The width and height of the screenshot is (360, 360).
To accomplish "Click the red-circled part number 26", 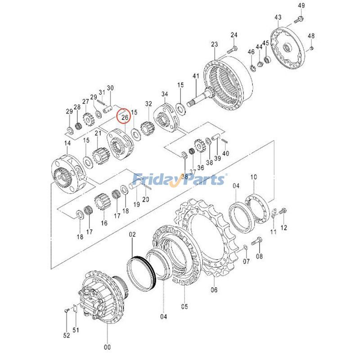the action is pyautogui.click(x=125, y=117).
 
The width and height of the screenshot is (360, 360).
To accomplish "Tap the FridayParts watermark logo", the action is pyautogui.click(x=179, y=180).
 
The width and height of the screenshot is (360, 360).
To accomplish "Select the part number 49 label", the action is pyautogui.click(x=301, y=5).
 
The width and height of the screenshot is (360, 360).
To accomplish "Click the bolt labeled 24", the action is pyautogui.click(x=232, y=49).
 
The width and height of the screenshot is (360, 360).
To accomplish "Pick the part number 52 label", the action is pyautogui.click(x=67, y=335).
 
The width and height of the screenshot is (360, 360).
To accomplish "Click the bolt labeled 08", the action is pyautogui.click(x=256, y=241).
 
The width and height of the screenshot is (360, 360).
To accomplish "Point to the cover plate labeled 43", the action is pyautogui.click(x=288, y=49).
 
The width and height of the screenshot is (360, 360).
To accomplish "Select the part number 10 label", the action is pyautogui.click(x=253, y=177).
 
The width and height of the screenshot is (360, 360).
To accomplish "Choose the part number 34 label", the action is pyautogui.click(x=165, y=94).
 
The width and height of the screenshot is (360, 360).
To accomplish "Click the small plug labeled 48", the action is pyautogui.click(x=311, y=48).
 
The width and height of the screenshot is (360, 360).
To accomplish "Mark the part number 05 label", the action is pyautogui.click(x=184, y=306).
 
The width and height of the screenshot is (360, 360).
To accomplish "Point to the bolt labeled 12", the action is pyautogui.click(x=283, y=210).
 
